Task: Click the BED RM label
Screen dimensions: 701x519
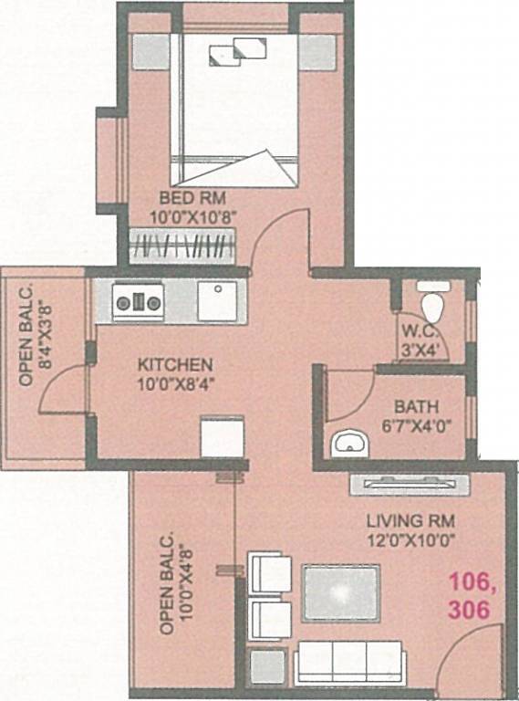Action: (x=192, y=198)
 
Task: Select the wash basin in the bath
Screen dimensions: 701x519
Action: (x=349, y=443)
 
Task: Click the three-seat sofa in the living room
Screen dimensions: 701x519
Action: (x=348, y=660)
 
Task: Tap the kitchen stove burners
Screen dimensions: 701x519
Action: (x=138, y=298)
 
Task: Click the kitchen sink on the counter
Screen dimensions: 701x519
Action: (x=217, y=299)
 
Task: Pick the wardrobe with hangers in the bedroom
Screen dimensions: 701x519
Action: (x=182, y=246)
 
